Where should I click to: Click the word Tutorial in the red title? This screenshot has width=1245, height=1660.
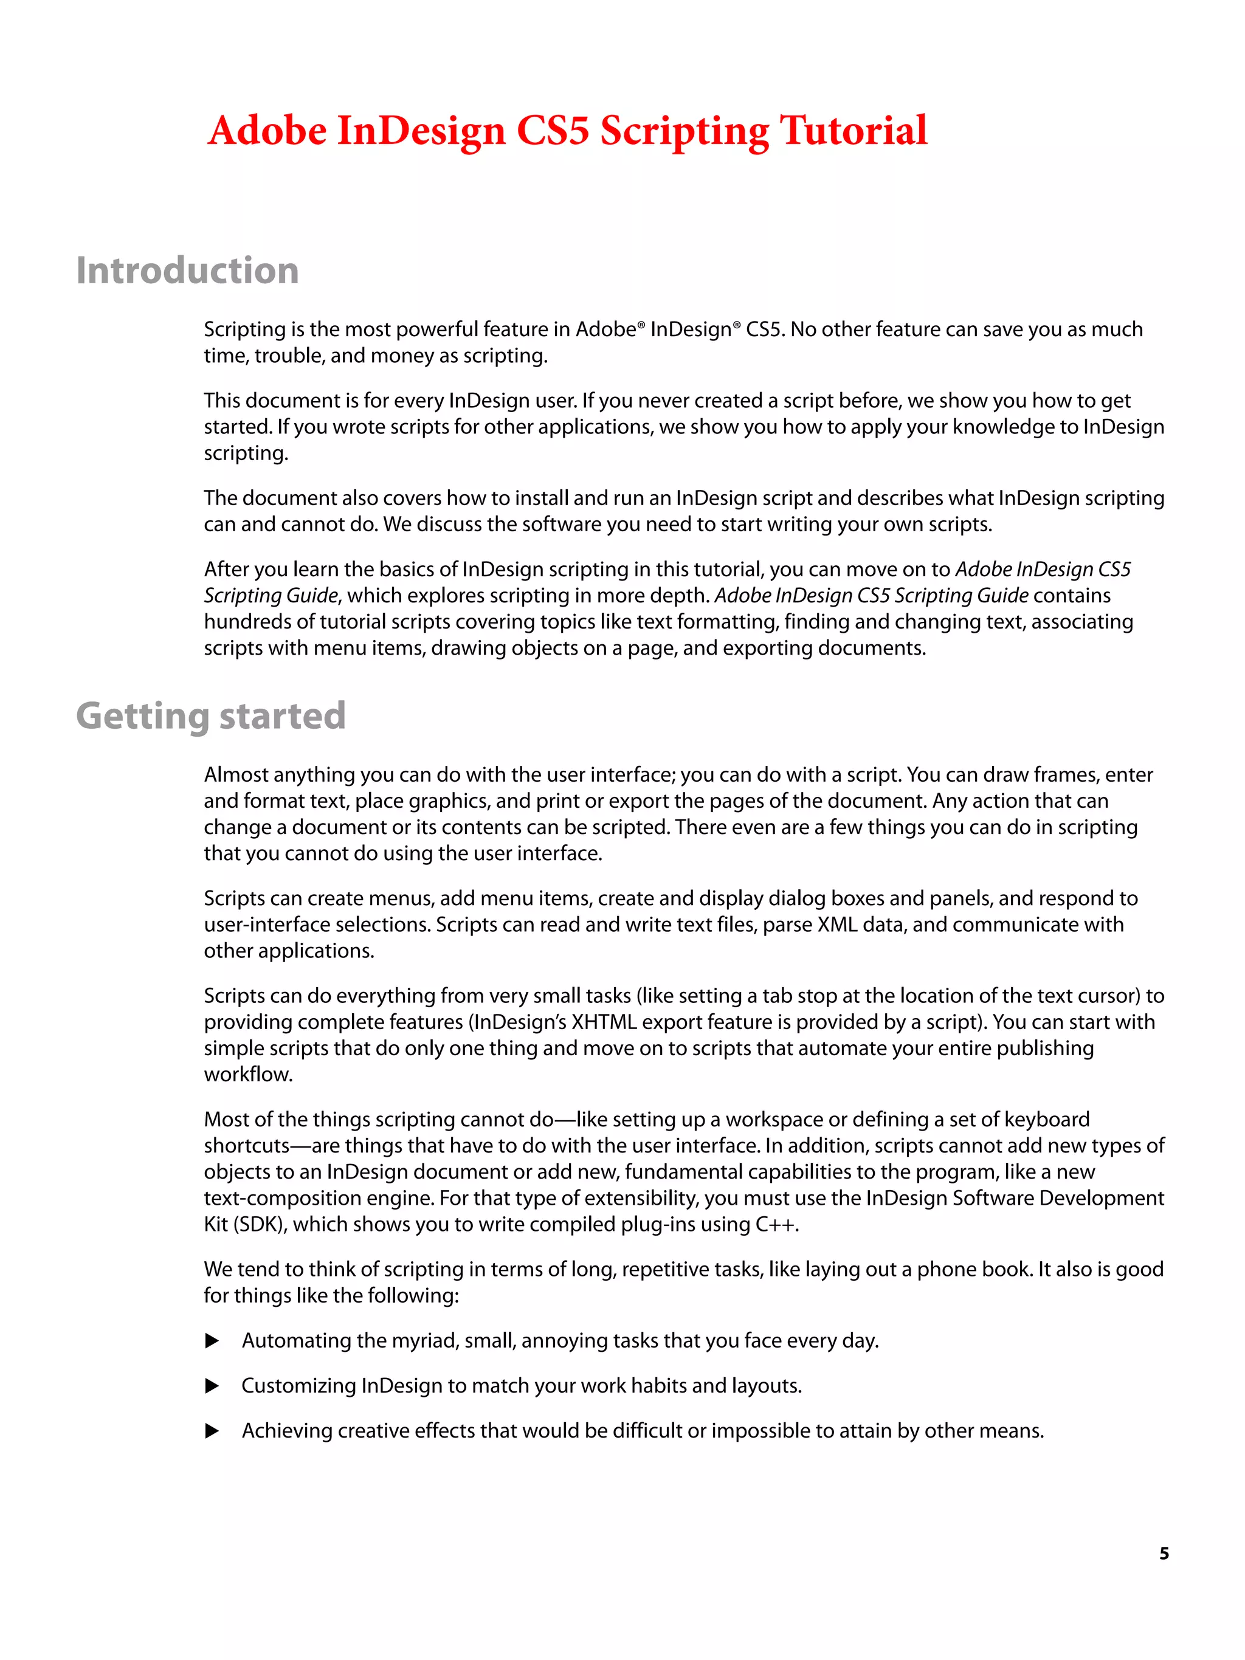click(854, 131)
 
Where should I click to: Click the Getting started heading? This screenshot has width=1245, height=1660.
click(211, 715)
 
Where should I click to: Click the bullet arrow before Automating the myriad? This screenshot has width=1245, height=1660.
click(212, 1341)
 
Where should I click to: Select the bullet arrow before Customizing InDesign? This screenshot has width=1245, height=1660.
click(212, 1386)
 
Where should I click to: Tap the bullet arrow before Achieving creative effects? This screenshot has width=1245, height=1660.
click(212, 1431)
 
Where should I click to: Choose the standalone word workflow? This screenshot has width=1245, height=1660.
click(247, 1075)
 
